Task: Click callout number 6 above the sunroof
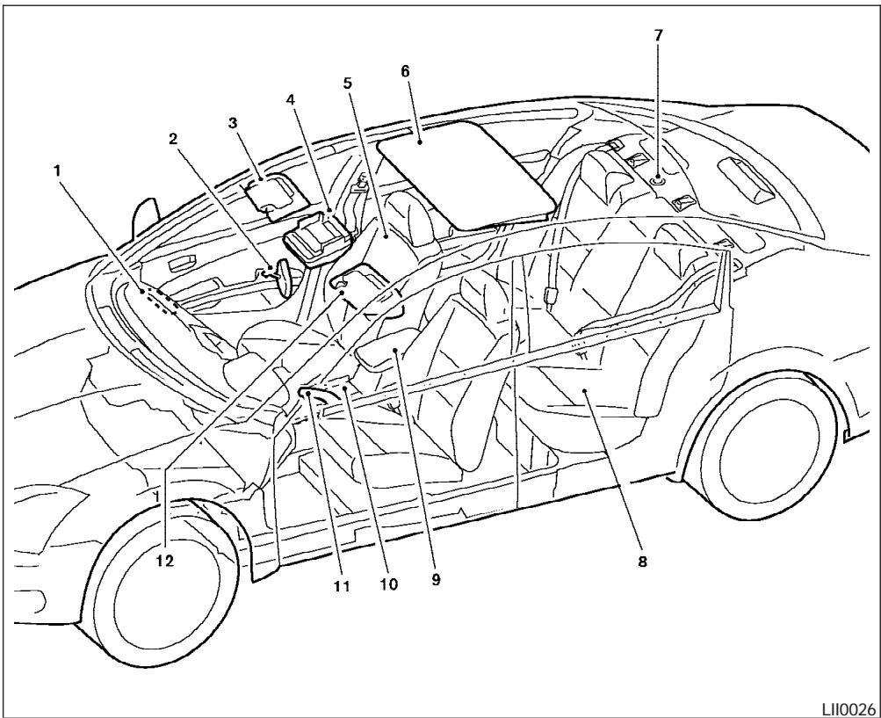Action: [x=406, y=71]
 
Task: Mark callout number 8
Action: [x=642, y=562]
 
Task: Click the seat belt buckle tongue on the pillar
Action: [x=551, y=295]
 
